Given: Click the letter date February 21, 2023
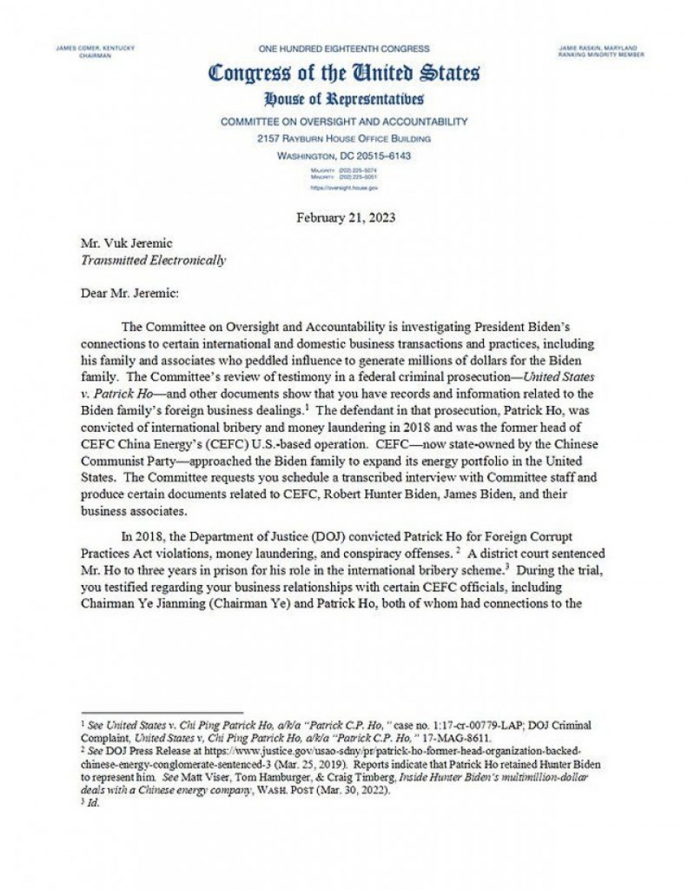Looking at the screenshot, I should tap(344, 218).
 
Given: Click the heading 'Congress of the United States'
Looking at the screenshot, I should tap(344, 74).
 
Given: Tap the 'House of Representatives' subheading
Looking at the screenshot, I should tap(344, 99).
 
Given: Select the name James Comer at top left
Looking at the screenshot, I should tap(96, 48).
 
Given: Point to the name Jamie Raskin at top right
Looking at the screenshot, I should tap(602, 48).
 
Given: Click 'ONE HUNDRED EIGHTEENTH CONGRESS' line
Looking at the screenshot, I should tap(344, 48).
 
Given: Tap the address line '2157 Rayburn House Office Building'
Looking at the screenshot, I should tap(344, 138).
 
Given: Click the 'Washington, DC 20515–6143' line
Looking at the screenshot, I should tap(344, 155).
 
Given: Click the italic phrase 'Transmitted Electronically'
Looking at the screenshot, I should tap(154, 261).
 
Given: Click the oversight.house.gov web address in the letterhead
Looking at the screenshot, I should tap(344, 187).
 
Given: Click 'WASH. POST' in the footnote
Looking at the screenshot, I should tap(326, 791).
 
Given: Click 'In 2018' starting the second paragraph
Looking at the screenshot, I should tap(140, 535).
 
